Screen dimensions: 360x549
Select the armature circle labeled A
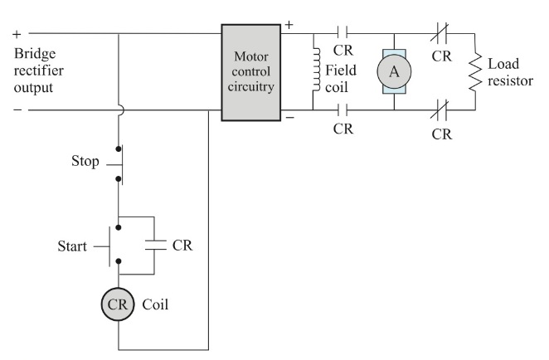coord(394,72)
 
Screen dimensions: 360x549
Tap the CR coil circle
coord(119,304)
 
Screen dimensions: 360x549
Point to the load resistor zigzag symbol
coord(474,72)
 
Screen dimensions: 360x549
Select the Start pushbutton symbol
coord(114,245)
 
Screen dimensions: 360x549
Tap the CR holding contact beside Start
coord(155,246)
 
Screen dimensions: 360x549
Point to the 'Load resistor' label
coord(510,72)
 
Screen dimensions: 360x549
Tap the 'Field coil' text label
coord(341,79)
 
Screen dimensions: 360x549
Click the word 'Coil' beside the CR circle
coord(155,304)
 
